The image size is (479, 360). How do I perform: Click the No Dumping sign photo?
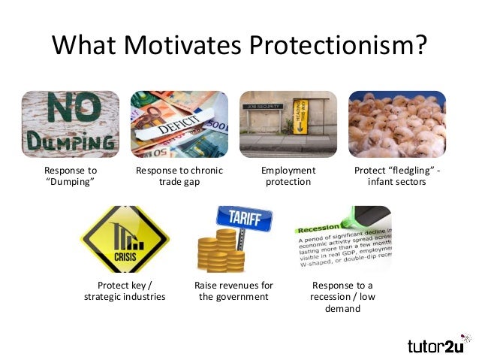70,124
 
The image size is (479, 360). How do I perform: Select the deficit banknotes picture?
179,124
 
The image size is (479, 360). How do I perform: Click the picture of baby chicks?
397,124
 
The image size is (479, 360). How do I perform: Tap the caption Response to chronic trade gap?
179,177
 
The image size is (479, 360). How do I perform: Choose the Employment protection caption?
288,177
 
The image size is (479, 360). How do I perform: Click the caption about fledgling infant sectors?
397,177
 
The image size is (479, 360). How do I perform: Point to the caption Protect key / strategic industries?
125,291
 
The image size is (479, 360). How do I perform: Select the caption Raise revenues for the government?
233,291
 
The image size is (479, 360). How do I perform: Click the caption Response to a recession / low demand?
342,297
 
